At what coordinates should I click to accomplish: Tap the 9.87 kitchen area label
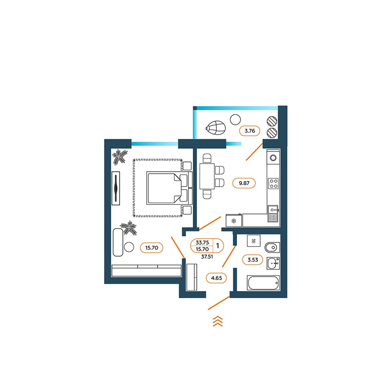244,183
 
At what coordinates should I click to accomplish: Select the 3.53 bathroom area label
253,260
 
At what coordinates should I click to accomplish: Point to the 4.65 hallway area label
217,278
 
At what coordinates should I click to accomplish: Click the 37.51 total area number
207,257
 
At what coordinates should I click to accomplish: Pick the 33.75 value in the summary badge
202,242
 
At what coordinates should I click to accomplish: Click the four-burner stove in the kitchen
273,183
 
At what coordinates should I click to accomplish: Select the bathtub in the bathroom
263,283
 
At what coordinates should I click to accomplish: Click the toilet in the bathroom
272,247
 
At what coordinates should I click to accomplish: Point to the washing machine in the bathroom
254,241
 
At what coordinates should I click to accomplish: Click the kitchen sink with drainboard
273,214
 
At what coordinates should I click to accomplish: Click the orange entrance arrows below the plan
218,321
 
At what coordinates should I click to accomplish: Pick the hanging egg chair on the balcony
215,127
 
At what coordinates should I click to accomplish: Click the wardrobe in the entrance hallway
192,277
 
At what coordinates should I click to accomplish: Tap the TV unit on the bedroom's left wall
116,188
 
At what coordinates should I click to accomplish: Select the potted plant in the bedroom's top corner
120,157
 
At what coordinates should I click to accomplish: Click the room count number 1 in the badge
218,246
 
